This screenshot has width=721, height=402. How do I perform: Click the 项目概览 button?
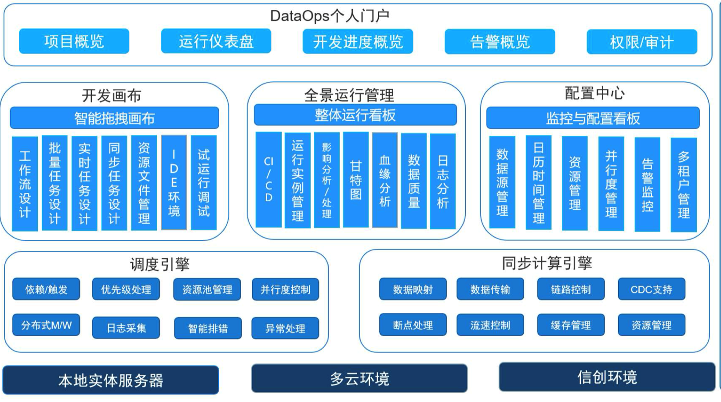pos(74,41)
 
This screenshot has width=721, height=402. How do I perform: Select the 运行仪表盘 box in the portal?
pos(216,41)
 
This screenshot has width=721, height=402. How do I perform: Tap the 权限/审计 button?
pos(642,42)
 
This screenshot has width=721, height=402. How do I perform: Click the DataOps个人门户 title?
pos(330,16)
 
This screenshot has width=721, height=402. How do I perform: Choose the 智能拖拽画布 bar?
pos(114,118)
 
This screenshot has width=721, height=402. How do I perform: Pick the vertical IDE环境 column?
pos(174,182)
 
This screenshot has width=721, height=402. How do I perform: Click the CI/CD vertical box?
pos(268,180)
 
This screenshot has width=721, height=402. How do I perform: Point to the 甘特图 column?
pos(356,180)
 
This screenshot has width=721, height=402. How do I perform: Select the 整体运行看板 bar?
pos(355,115)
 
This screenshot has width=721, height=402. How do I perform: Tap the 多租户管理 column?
pos(684,185)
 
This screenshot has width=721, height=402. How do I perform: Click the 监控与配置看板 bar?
pos(593,118)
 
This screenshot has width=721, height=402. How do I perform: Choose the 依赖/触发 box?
pos(46,289)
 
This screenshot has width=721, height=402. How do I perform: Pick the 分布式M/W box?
pos(46,325)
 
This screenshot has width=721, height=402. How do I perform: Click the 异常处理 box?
pos(285,328)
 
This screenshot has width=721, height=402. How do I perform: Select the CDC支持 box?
pos(652,289)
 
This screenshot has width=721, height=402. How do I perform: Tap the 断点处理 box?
pos(413,325)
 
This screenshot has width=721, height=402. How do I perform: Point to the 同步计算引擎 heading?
pos(547,263)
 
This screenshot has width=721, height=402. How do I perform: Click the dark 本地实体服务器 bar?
pos(111,380)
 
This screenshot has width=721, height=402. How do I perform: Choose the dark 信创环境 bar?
pos(607,377)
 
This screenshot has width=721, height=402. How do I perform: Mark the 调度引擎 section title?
pos(160,264)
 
